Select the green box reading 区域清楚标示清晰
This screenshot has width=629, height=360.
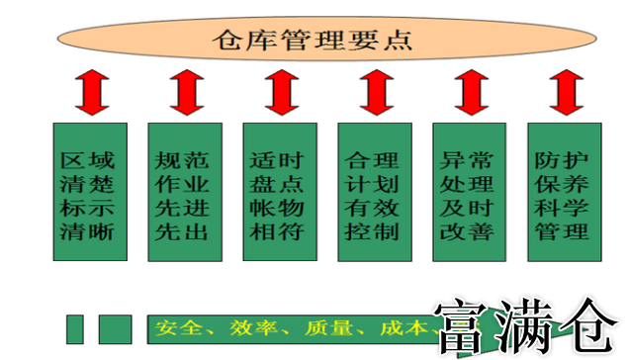pyautogui.click(x=87, y=191)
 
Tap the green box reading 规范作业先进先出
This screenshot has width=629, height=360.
pyautogui.click(x=183, y=191)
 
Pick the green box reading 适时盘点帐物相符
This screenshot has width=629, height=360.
pyautogui.click(x=278, y=191)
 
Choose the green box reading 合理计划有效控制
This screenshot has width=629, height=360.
pyautogui.click(x=373, y=191)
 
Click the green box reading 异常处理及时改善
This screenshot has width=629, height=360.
pyautogui.click(x=468, y=191)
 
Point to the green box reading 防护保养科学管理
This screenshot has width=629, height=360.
pyautogui.click(x=563, y=191)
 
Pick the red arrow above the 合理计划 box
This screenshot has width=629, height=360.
pyautogui.click(x=374, y=93)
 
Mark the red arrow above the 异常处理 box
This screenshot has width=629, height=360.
pyautogui.click(x=469, y=93)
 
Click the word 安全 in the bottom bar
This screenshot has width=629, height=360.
pyautogui.click(x=176, y=327)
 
